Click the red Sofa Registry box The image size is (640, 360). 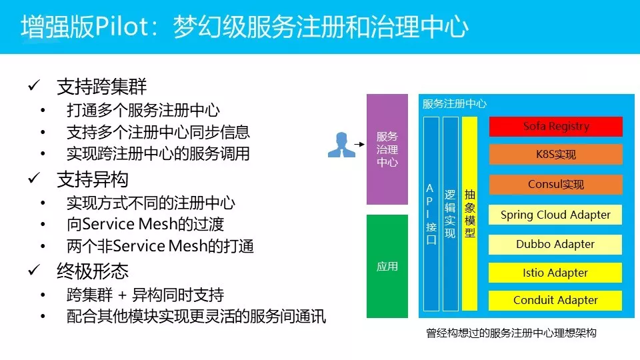coord(555,126)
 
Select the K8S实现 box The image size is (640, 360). coord(555,155)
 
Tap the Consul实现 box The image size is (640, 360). coord(555,185)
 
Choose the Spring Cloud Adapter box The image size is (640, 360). coord(555,215)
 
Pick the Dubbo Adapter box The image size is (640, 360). coord(555,244)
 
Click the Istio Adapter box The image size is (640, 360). coord(555,273)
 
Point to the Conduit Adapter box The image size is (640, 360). coord(555,301)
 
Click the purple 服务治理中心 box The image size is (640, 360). coord(387,149)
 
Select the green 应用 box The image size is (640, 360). coord(387,266)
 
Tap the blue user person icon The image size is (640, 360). coord(342,145)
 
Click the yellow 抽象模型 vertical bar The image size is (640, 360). coord(470,213)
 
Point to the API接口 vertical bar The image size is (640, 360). coord(431,213)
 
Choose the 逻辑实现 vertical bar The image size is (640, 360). coord(451,213)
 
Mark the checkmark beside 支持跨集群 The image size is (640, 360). coord(34,87)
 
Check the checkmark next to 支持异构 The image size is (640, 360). coord(34,179)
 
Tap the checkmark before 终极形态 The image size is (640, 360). coord(34,271)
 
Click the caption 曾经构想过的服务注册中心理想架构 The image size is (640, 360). coord(511,333)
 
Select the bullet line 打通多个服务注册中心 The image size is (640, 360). coord(143,110)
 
